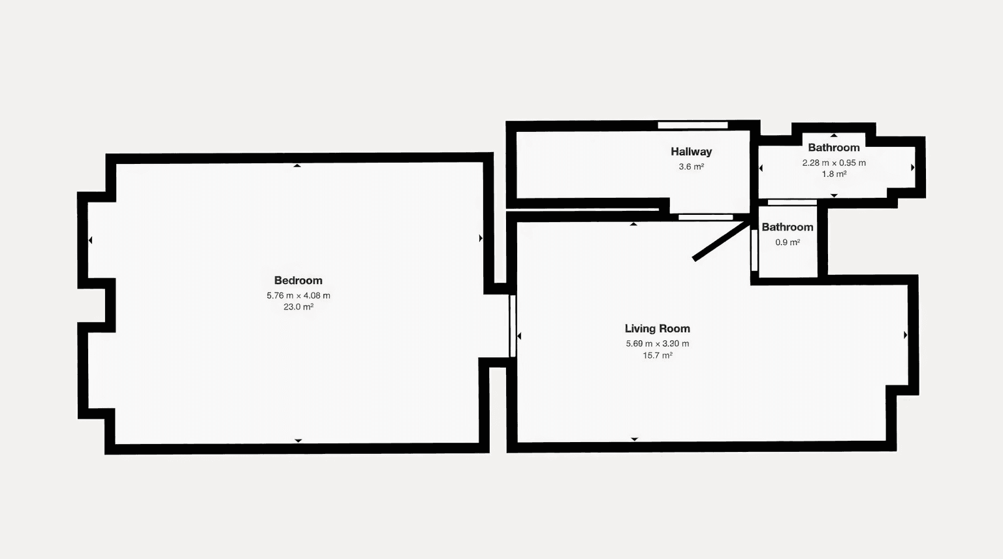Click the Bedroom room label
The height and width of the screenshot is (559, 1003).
tap(298, 281)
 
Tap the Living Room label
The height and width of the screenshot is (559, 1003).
tap(657, 329)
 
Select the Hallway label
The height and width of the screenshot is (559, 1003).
tap(691, 152)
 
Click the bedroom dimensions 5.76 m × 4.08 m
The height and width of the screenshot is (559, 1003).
tap(298, 296)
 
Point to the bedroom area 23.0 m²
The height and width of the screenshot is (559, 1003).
tap(298, 307)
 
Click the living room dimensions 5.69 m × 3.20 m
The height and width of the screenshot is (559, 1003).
tap(657, 344)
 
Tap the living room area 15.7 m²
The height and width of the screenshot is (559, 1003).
tap(657, 356)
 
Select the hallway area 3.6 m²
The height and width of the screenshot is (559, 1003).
tap(691, 167)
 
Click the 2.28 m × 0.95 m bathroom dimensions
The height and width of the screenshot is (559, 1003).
tap(834, 163)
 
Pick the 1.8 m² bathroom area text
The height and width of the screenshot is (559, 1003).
tap(834, 174)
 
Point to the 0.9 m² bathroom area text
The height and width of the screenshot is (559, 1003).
tap(788, 242)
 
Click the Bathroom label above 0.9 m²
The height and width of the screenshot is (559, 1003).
tap(788, 227)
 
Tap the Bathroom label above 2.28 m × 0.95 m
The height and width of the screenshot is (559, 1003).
tap(834, 148)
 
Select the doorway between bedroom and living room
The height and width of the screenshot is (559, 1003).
tap(513, 326)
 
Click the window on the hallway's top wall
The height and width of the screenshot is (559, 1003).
tap(692, 125)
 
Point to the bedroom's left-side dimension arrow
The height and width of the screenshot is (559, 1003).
tap(90, 240)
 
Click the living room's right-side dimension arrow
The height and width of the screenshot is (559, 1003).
tap(905, 335)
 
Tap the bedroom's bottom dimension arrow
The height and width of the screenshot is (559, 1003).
tap(298, 441)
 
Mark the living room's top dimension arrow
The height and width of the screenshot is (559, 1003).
tap(633, 224)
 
